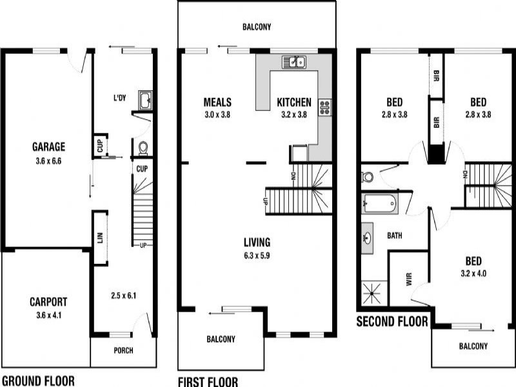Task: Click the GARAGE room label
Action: (49, 146)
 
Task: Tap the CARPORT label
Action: (48, 301)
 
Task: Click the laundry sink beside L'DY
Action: (146, 100)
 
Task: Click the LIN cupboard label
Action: (100, 237)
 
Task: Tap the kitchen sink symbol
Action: (294, 62)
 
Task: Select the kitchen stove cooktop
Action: (324, 106)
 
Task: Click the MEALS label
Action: (217, 102)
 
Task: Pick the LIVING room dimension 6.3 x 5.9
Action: (257, 255)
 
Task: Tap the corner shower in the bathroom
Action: (372, 294)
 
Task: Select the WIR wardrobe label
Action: (408, 279)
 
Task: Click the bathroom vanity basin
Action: (367, 237)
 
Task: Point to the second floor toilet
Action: (368, 176)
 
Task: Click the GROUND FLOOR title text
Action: (37, 380)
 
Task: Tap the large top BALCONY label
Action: (257, 27)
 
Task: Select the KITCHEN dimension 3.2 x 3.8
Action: (294, 115)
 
